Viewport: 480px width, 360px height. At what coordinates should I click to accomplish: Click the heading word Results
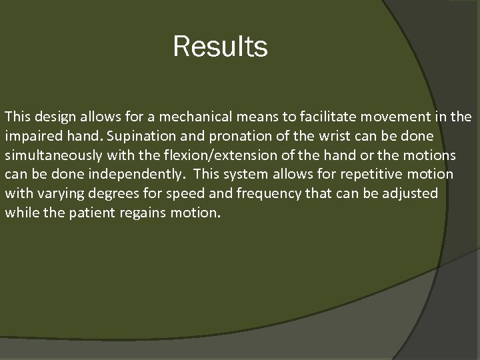[220, 47]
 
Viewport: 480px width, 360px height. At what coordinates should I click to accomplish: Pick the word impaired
[32, 136]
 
